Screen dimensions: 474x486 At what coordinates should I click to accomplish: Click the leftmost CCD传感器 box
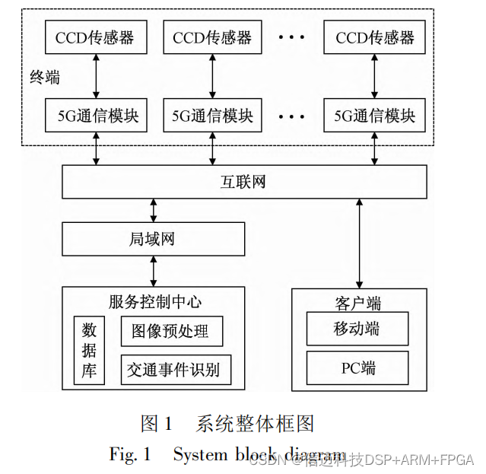(x=95, y=37)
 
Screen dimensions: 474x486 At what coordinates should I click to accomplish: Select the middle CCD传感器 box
(x=212, y=37)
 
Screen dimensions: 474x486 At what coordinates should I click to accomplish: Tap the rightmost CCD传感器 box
(x=374, y=37)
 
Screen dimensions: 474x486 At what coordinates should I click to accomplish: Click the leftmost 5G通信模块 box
(x=95, y=116)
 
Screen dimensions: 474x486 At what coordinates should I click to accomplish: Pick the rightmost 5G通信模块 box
(x=374, y=116)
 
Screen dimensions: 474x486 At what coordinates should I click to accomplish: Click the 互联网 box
(x=243, y=183)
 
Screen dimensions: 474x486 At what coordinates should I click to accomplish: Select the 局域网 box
(x=154, y=239)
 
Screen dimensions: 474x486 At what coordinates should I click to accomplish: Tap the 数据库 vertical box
(x=89, y=351)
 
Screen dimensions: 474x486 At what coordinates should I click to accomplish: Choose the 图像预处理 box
(x=172, y=332)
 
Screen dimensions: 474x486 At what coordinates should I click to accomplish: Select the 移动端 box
(x=357, y=329)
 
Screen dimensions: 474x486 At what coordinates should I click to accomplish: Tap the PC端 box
(x=357, y=368)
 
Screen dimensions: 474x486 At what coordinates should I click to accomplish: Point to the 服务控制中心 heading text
(x=155, y=301)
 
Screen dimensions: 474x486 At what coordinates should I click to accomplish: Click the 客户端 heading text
(x=357, y=303)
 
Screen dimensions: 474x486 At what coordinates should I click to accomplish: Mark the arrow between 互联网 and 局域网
(x=154, y=210)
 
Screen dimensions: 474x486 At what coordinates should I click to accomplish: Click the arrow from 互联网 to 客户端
(x=358, y=243)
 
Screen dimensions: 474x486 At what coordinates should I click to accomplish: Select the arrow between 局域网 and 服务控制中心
(x=154, y=271)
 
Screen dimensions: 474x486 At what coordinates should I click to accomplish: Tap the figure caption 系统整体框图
(x=255, y=423)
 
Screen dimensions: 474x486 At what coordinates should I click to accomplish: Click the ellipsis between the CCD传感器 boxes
(x=291, y=37)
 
